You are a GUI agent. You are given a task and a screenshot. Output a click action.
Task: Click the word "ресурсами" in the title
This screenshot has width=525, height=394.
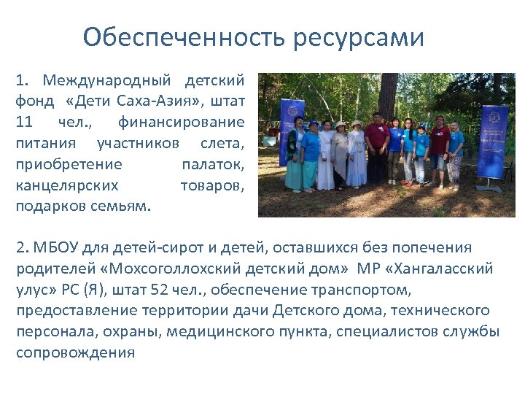359,36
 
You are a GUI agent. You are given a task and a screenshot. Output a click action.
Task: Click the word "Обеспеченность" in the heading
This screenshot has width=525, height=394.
185,36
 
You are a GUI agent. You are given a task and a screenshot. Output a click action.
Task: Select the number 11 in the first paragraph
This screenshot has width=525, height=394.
24,121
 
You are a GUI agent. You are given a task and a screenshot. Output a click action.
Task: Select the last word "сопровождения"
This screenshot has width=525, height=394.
76,353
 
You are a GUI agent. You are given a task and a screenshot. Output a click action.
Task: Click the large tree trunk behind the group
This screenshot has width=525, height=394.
388,95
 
